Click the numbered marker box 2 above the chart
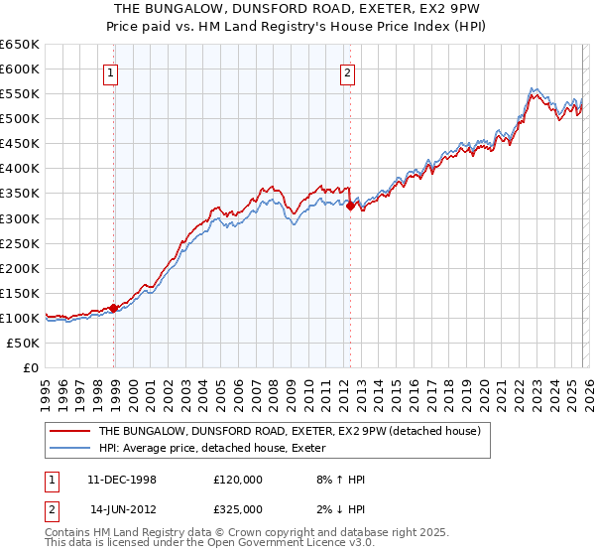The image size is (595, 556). point(348,71)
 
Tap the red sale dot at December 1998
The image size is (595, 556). point(114,308)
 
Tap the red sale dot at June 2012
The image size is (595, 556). point(350,206)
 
